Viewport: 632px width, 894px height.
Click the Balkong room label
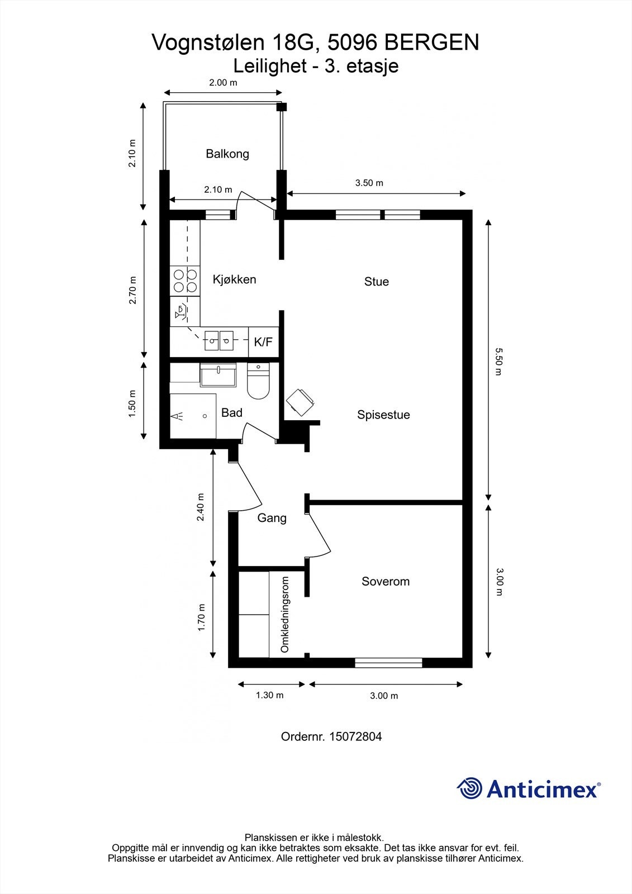pos(227,154)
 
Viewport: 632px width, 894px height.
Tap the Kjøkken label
pos(234,279)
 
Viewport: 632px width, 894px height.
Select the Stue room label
pos(376,282)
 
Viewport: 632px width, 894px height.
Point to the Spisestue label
pos(383,415)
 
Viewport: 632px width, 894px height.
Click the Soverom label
pos(385,581)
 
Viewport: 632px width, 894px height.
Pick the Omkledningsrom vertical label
pos(285,615)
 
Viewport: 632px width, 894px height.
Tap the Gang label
pos(272,518)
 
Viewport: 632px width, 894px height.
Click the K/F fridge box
pos(263,341)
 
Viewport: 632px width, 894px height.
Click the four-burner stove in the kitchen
pos(185,280)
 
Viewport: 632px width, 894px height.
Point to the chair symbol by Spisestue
pos(300,402)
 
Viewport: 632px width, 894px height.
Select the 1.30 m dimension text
pos(269,695)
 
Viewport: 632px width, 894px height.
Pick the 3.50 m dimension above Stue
pos(369,183)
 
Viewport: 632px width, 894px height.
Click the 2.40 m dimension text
pos(201,507)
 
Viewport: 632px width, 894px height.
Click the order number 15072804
pos(355,736)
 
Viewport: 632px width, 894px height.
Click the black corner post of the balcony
pos(282,107)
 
